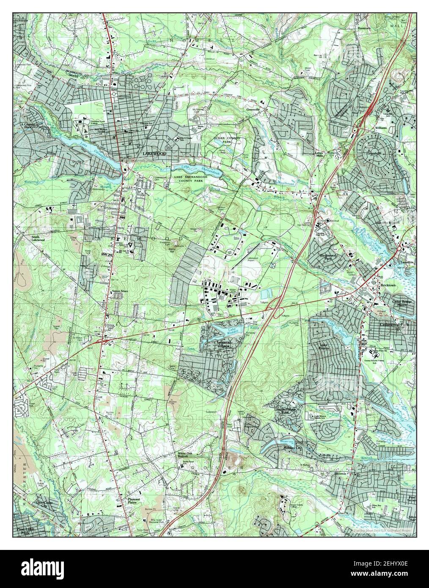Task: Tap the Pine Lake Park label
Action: click(x=26, y=531)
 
